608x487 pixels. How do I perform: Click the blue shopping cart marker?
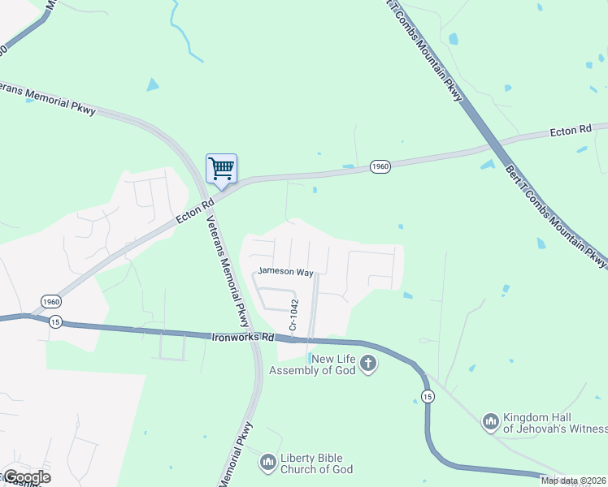(x=221, y=169)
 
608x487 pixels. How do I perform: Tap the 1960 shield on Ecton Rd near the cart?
(x=380, y=166)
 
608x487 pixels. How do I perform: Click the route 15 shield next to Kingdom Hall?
(x=428, y=395)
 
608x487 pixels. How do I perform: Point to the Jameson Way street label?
(x=285, y=272)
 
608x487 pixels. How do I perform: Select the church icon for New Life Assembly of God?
(x=368, y=363)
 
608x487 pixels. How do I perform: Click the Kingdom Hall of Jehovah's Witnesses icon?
(x=489, y=421)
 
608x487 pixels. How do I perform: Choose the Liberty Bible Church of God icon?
(x=267, y=463)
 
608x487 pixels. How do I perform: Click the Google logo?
(x=27, y=477)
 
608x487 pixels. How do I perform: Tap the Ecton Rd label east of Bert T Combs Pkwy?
(x=571, y=130)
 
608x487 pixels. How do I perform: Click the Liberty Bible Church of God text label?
(x=316, y=463)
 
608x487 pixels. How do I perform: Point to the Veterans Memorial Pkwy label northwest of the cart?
(x=49, y=97)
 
